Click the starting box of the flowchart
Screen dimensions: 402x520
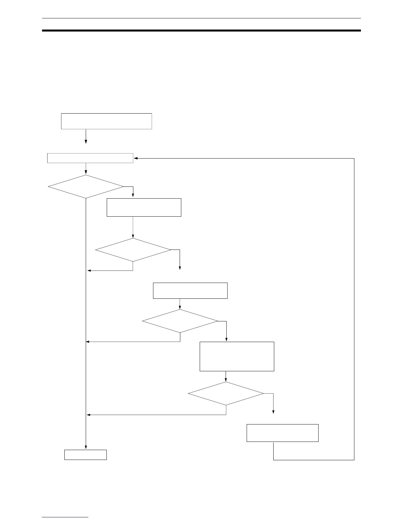click(x=106, y=121)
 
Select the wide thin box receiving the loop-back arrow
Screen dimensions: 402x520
click(x=90, y=158)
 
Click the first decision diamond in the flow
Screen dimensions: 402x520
click(x=86, y=186)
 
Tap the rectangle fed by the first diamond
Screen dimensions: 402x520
click(x=144, y=207)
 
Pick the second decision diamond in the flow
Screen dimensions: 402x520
click(x=133, y=250)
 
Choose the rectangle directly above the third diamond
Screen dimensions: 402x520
click(x=190, y=291)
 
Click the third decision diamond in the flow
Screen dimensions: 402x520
click(x=180, y=321)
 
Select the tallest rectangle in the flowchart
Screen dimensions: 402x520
click(x=237, y=356)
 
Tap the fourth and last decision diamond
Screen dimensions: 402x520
click(x=226, y=393)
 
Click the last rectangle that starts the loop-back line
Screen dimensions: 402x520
click(x=282, y=433)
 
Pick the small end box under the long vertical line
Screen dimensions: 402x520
click(x=85, y=455)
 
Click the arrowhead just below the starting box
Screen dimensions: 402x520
click(x=86, y=142)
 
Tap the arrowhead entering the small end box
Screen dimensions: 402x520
click(x=86, y=447)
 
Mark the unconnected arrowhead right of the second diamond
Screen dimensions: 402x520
click(x=180, y=268)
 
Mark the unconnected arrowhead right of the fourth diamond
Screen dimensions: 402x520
click(x=273, y=413)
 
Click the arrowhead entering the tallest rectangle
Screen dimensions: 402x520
click(x=227, y=340)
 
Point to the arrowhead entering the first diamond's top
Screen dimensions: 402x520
click(x=86, y=173)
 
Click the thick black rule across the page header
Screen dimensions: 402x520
click(x=201, y=31)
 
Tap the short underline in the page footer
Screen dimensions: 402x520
click(x=65, y=517)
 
